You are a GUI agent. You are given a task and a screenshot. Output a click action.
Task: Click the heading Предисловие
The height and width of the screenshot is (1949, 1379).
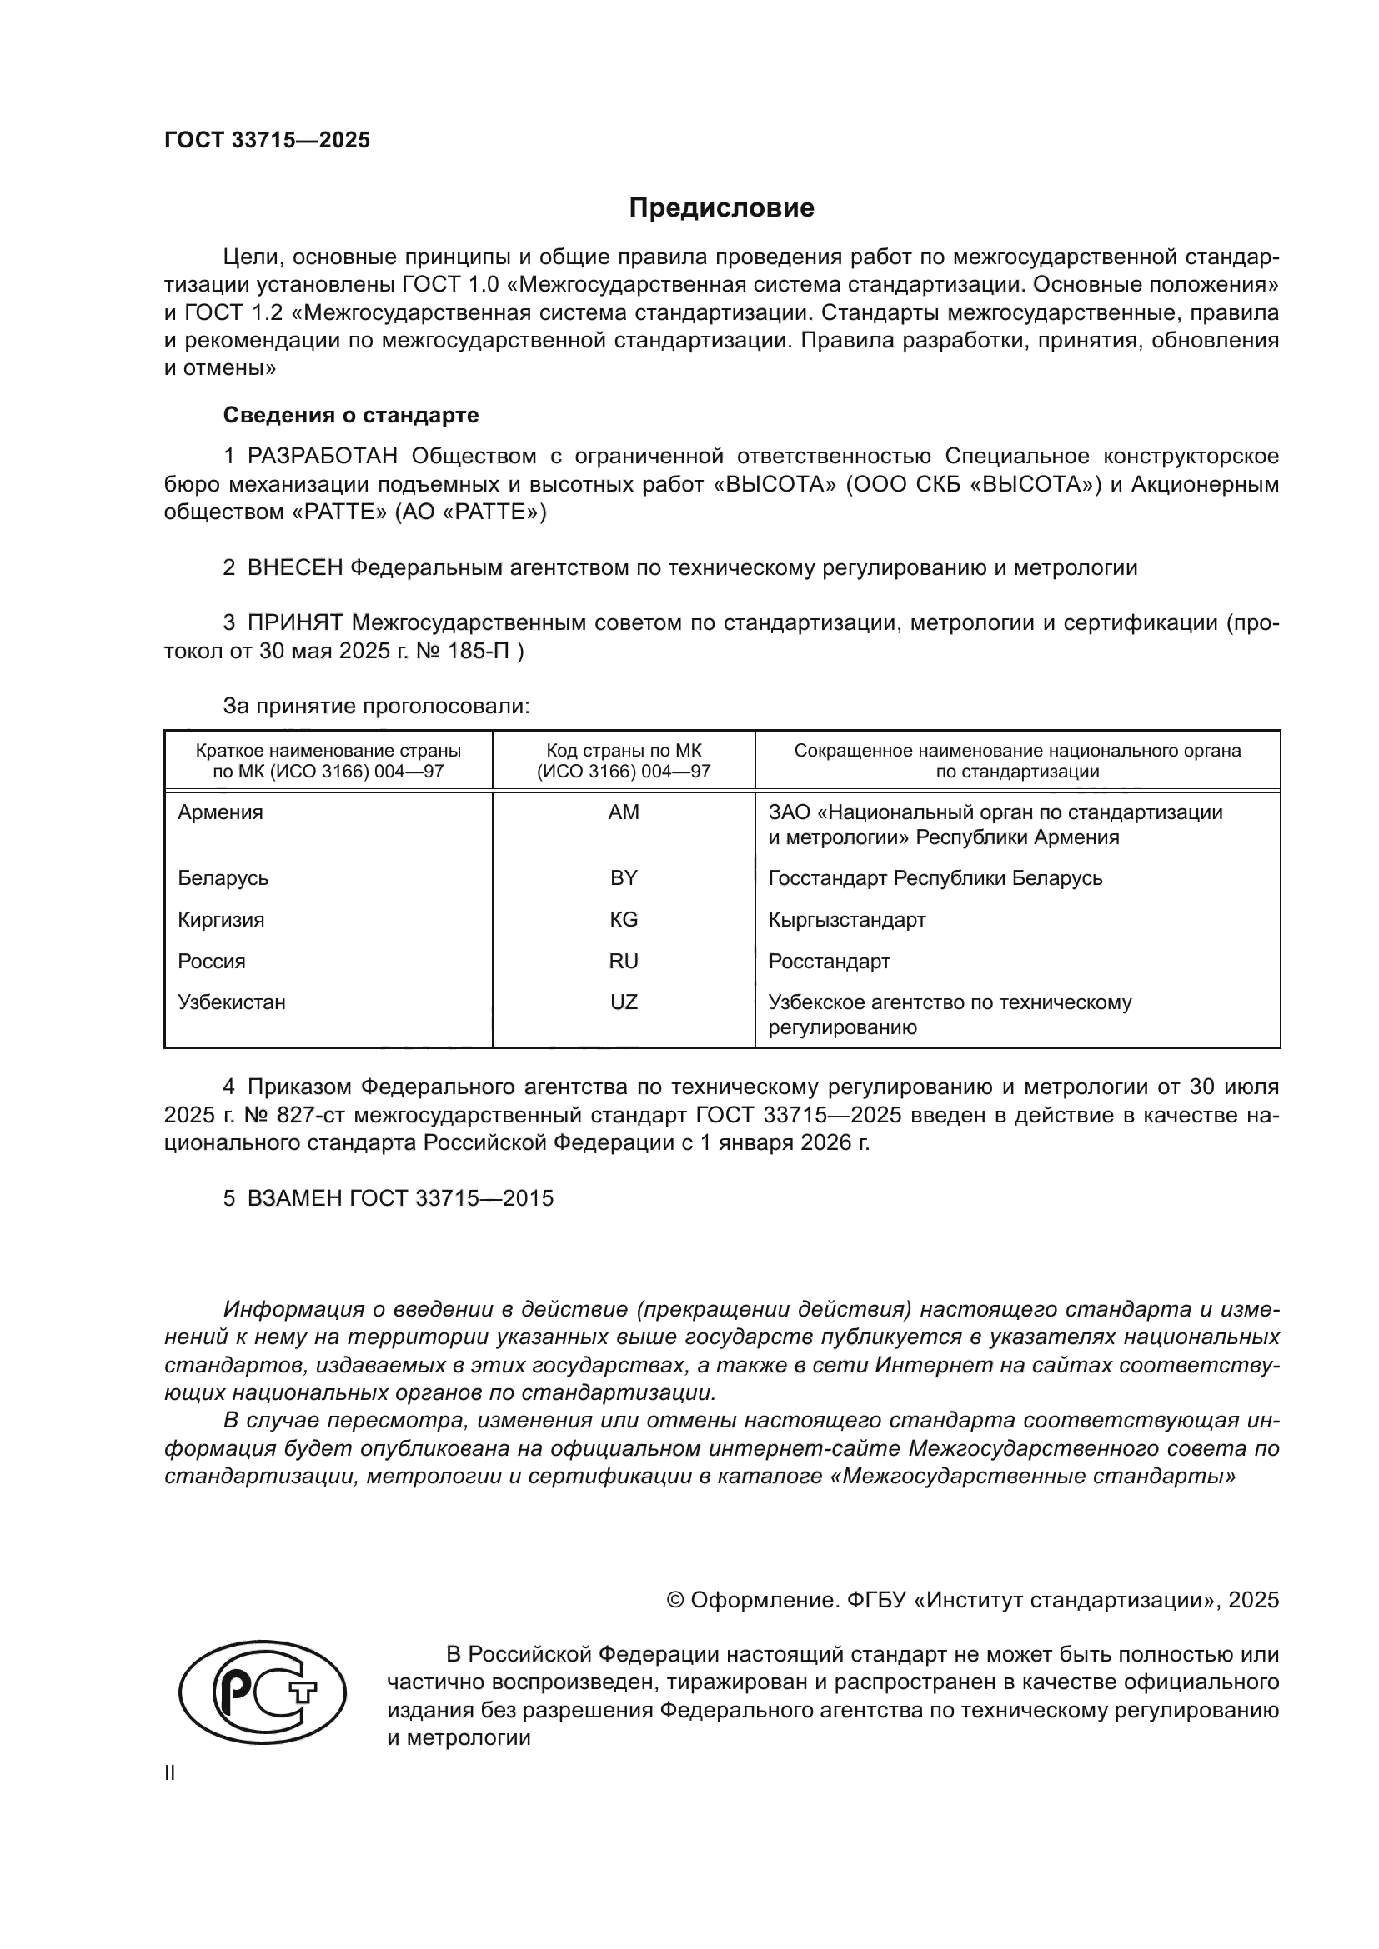[x=721, y=208]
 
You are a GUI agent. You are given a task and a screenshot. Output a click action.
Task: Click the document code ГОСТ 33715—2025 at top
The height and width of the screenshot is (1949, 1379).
[x=267, y=141]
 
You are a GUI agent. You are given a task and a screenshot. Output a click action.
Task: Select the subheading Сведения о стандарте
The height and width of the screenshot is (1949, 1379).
[x=351, y=415]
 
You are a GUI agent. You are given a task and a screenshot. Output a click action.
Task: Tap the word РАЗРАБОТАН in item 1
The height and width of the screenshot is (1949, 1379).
[x=323, y=457]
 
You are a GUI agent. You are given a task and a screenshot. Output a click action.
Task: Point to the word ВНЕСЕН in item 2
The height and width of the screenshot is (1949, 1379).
[x=294, y=568]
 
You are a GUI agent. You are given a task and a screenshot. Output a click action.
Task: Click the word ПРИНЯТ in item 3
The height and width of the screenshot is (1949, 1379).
[x=294, y=623]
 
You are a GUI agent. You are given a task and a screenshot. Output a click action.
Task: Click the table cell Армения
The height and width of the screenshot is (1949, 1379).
[x=220, y=812]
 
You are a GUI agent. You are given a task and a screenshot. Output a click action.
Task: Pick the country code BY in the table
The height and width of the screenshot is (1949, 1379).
[x=624, y=877]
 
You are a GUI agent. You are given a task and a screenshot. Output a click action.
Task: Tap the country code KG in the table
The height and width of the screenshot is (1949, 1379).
[x=624, y=919]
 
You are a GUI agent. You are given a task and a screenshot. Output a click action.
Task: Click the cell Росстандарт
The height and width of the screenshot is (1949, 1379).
[x=829, y=961]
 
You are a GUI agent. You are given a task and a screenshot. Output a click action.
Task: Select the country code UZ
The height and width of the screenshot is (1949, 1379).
[x=624, y=1002]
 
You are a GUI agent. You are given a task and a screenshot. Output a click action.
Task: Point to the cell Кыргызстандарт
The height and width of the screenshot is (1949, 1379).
[x=846, y=919]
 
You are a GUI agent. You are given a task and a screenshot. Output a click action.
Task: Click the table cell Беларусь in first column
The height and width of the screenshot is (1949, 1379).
[x=223, y=877]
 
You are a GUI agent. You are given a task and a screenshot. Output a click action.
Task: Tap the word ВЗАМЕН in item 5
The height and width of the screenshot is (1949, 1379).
[x=294, y=1197]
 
